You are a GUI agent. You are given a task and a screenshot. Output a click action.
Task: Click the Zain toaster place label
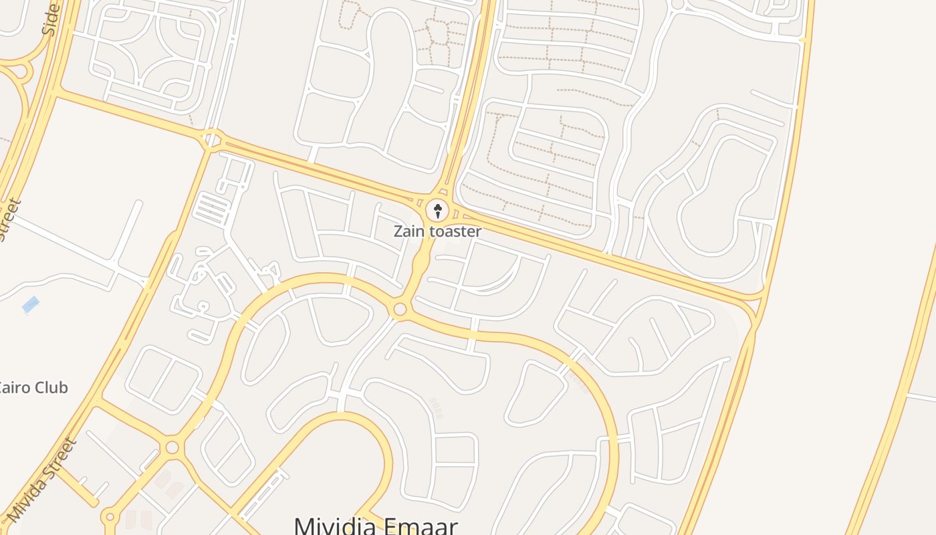click(x=437, y=231)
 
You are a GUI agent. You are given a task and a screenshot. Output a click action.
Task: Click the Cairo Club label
click(x=33, y=388)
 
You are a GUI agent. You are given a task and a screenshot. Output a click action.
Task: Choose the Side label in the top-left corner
click(x=51, y=19)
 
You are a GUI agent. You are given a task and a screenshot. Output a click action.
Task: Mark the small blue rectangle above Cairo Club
click(x=30, y=305)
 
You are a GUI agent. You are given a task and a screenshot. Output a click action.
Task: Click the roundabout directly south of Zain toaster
click(x=400, y=309)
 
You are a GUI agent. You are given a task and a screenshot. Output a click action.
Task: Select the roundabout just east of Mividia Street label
click(x=172, y=447)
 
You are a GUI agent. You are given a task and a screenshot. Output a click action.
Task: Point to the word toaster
click(x=456, y=231)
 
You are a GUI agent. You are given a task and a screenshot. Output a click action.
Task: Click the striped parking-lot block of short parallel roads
click(x=211, y=208)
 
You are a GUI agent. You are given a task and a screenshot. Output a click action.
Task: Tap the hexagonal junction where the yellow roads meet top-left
click(x=212, y=140)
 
